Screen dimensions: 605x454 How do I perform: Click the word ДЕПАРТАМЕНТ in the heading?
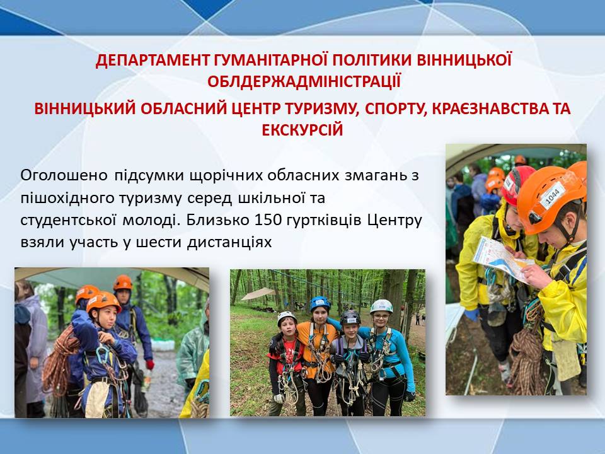click(x=152, y=61)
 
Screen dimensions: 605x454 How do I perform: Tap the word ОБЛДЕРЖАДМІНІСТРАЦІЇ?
click(x=304, y=82)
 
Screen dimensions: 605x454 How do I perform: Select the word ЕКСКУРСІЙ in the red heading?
click(x=302, y=130)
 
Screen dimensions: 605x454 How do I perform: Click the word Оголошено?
click(x=64, y=176)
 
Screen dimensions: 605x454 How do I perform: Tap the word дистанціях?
click(x=229, y=242)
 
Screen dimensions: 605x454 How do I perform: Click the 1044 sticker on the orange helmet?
click(x=553, y=195)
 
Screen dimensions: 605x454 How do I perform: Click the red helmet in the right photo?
click(x=517, y=184)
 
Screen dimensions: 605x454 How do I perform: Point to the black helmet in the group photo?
click(x=350, y=317)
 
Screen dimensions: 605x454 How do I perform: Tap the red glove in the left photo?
click(x=150, y=364)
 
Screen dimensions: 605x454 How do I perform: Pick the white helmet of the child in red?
click(x=286, y=317)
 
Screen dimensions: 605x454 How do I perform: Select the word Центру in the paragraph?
click(x=395, y=221)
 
